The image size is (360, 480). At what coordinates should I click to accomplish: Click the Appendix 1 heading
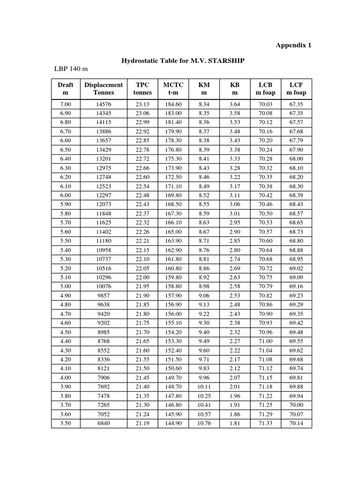pos(293,45)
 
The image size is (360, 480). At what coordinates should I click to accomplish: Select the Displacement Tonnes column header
pos(103,89)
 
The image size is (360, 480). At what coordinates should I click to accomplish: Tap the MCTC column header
pos(173,89)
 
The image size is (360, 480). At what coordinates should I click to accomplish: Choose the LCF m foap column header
pos(296,89)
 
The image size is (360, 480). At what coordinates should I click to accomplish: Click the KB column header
pos(234,89)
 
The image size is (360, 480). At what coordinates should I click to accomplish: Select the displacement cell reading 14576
pos(104,104)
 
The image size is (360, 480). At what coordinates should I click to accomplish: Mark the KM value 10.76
pos(204,423)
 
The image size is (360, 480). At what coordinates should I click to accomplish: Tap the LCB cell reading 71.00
pos(265,341)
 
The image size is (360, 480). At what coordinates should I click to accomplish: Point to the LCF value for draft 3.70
pos(296,405)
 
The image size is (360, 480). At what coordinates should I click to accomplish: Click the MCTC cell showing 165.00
pos(173,232)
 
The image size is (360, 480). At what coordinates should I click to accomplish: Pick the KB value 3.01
pos(234,213)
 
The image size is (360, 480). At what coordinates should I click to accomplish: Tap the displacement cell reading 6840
pos(104,423)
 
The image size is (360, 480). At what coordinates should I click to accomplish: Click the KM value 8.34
pos(204,104)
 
